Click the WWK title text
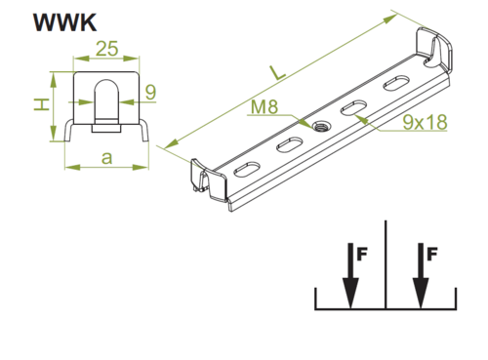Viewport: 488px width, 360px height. tap(64, 22)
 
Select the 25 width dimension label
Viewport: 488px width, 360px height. tap(106, 49)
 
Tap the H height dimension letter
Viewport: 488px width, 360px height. tap(41, 104)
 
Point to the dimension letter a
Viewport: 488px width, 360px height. tap(106, 158)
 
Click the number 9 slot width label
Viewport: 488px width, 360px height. tap(150, 92)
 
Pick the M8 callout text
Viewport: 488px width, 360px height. tap(264, 106)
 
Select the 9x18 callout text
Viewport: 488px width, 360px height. tap(425, 122)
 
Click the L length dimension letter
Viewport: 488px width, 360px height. tap(276, 73)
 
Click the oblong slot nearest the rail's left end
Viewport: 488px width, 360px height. tap(247, 169)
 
